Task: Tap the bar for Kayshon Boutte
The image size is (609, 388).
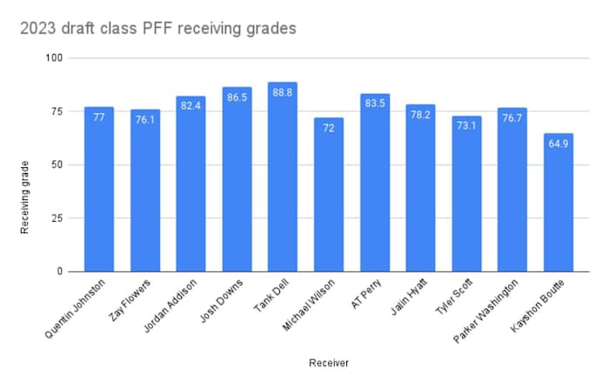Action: (559, 209)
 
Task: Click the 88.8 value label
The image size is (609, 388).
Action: (283, 92)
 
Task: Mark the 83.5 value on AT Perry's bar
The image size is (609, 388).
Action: (375, 104)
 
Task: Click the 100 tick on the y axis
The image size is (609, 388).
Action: (57, 58)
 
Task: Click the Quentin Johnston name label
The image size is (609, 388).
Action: (78, 310)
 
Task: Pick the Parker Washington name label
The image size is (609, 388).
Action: (492, 313)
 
